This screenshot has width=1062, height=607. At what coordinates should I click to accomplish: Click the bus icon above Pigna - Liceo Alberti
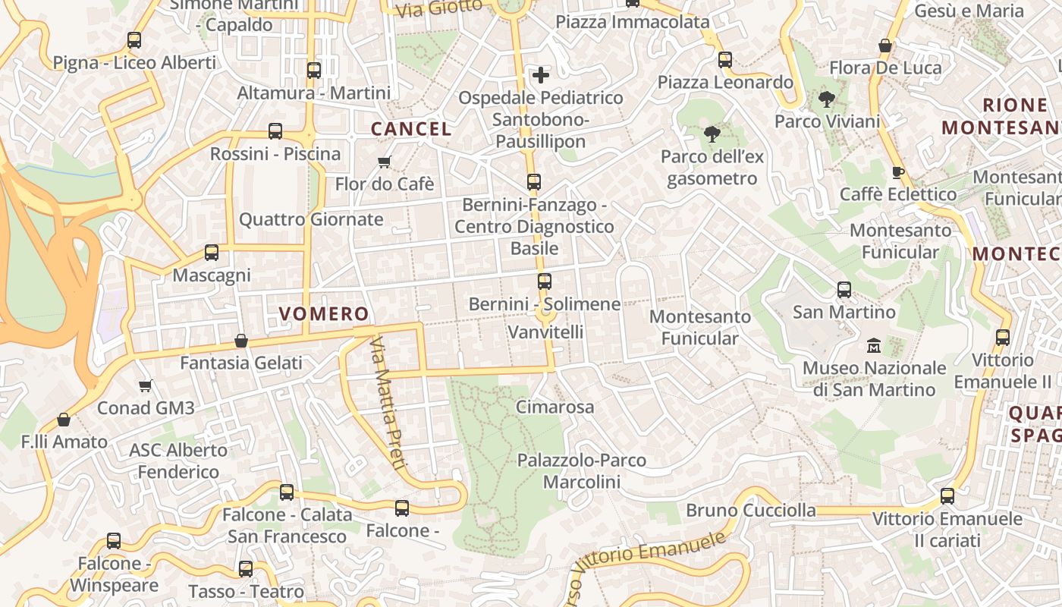[x=134, y=40]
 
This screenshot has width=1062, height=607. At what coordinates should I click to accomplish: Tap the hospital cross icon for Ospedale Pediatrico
[x=541, y=75]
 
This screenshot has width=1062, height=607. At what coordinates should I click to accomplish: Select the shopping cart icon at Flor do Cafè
[x=385, y=162]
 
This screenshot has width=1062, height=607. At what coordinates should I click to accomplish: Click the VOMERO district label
[x=324, y=313]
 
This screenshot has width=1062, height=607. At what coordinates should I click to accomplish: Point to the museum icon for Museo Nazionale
[x=874, y=346]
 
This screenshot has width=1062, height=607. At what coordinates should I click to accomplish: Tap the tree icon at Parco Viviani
[x=827, y=99]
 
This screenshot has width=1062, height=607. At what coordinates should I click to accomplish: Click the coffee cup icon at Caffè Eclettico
[x=898, y=172]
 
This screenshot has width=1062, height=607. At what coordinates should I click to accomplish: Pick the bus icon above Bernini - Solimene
[x=544, y=281]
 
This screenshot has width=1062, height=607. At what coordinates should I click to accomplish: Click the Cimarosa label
[x=555, y=407]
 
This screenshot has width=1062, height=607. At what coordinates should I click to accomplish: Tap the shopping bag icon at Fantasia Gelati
[x=241, y=341]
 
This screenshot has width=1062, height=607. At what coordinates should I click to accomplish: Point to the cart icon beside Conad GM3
[x=146, y=385]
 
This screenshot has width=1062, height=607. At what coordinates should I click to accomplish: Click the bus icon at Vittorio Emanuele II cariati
[x=947, y=496]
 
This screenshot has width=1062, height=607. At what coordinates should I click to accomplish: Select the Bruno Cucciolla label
[x=751, y=510]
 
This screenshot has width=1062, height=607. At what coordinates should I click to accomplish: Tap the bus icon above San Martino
[x=844, y=290]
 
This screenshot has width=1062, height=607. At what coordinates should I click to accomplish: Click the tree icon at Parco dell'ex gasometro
[x=712, y=134]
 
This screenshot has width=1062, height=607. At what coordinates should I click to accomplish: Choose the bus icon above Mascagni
[x=212, y=253]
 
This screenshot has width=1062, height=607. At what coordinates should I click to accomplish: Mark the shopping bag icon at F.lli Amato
[x=64, y=420]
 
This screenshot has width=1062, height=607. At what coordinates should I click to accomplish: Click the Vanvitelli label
[x=545, y=332]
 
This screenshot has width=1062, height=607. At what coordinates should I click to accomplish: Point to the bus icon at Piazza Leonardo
[x=725, y=60]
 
